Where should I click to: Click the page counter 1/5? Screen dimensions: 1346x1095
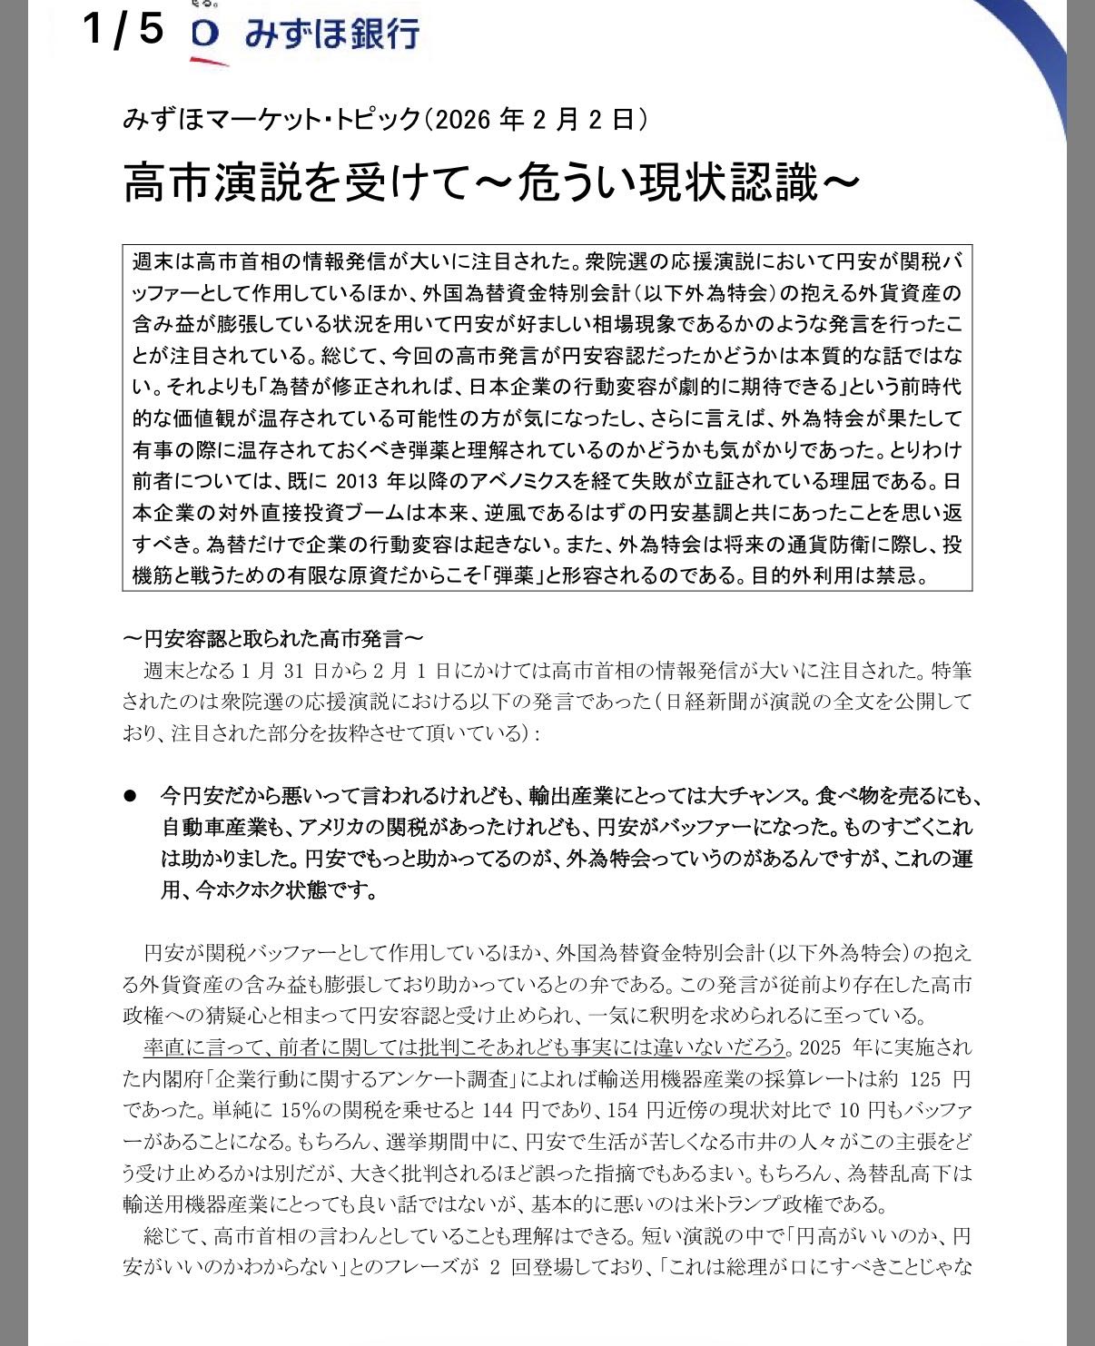pos(123,29)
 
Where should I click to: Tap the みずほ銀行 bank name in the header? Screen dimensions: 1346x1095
pos(331,34)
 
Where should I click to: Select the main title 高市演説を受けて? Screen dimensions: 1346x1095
pos(301,184)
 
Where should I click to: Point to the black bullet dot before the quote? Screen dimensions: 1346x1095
pos(130,795)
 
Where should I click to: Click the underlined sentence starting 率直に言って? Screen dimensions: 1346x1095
pos(464,1047)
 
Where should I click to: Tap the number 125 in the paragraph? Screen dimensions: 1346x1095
pos(920,1080)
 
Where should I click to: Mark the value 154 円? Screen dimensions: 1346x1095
pos(614,1111)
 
